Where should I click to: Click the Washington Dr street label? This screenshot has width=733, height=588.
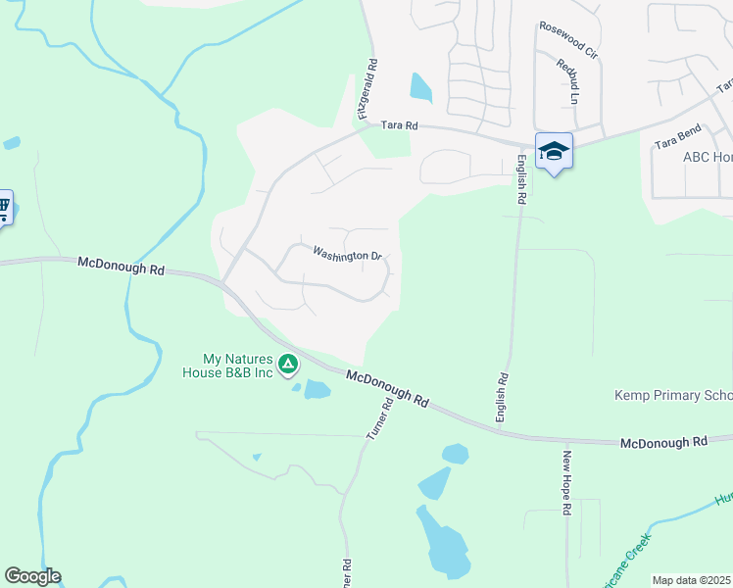[347, 255]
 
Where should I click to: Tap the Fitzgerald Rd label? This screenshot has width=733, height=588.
[368, 88]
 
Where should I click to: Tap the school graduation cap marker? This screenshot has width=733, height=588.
[554, 151]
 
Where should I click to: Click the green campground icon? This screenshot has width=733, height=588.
[288, 366]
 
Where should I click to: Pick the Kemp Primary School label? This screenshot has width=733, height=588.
[672, 396]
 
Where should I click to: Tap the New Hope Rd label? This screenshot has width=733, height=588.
[567, 483]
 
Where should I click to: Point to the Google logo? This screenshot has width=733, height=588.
[32, 576]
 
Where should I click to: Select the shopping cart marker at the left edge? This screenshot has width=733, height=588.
[3, 207]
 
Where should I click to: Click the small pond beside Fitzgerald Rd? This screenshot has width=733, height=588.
[420, 87]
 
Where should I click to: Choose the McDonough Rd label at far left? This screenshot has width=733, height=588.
[121, 265]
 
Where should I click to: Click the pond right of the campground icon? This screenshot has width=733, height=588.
[318, 389]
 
